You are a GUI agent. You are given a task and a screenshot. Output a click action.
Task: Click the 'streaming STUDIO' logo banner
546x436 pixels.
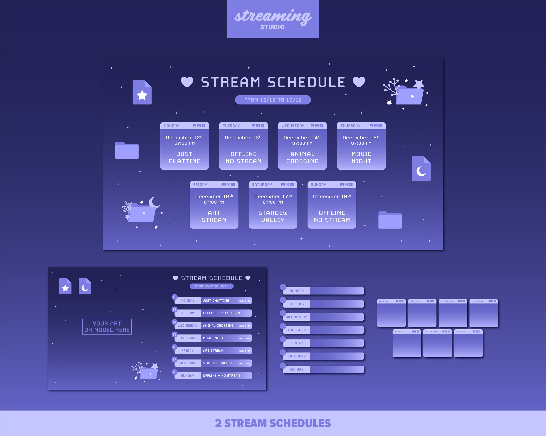[273, 19]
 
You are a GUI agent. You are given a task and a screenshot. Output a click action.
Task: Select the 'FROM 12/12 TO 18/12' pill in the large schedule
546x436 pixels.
[273, 100]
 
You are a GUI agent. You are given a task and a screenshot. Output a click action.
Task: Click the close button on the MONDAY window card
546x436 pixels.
[203, 126]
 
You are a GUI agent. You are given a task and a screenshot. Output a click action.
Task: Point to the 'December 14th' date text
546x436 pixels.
[302, 138]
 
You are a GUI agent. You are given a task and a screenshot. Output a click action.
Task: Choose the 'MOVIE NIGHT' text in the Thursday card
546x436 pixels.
[361, 157]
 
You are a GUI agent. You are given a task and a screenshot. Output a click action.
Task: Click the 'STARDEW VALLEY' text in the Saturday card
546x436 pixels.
[273, 217]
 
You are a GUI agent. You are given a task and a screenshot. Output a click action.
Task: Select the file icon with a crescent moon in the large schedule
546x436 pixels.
[421, 169]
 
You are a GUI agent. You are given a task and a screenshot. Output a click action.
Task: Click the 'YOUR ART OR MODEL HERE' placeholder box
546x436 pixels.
[107, 327]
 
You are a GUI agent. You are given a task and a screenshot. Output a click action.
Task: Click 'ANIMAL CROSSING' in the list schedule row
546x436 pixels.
[218, 326]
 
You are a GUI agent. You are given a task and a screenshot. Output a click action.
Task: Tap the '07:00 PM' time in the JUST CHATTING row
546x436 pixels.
[244, 301]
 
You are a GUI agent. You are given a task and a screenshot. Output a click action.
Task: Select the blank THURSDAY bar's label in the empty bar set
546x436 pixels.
[296, 330]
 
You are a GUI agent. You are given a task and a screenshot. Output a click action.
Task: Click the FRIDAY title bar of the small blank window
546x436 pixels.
[406, 331]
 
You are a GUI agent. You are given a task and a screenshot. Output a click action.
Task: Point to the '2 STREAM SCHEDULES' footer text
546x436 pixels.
[273, 423]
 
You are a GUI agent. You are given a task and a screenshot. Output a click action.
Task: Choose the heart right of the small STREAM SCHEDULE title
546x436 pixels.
[248, 278]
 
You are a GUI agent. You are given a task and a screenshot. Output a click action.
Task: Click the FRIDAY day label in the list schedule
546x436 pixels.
[187, 351]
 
